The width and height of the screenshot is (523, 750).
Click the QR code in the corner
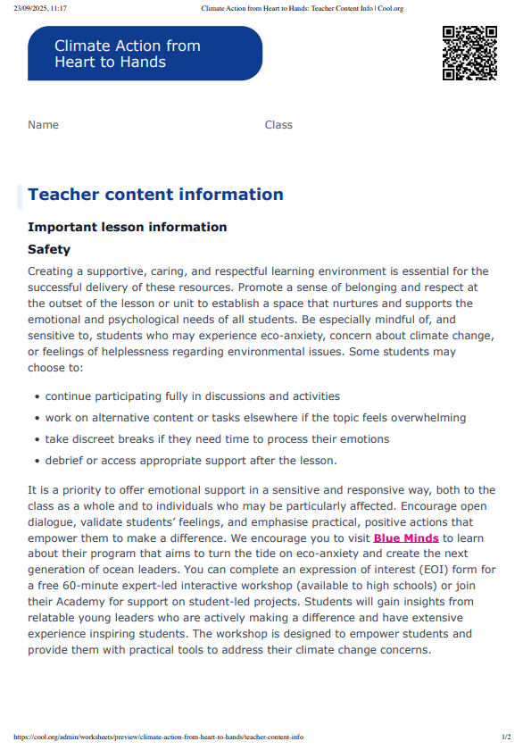(x=469, y=54)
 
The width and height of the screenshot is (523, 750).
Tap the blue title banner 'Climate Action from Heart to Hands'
(x=145, y=54)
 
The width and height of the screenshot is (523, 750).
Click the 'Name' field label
(x=43, y=125)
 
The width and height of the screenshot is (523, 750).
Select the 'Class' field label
(x=278, y=125)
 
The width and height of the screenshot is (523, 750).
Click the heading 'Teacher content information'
(x=155, y=195)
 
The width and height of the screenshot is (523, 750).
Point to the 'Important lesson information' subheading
(x=127, y=227)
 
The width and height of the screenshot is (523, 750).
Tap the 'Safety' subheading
(x=49, y=250)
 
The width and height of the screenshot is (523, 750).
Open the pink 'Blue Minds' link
(x=406, y=538)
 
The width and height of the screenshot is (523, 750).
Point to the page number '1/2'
(x=506, y=737)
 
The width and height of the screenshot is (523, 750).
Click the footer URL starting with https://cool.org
(x=159, y=737)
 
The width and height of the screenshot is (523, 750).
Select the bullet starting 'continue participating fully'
(x=192, y=396)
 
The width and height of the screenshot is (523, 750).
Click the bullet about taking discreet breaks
(x=217, y=439)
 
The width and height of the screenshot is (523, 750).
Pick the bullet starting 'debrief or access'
(x=191, y=461)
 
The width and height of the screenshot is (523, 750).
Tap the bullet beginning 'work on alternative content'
(x=255, y=418)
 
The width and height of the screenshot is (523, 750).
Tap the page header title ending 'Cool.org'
(x=303, y=8)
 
